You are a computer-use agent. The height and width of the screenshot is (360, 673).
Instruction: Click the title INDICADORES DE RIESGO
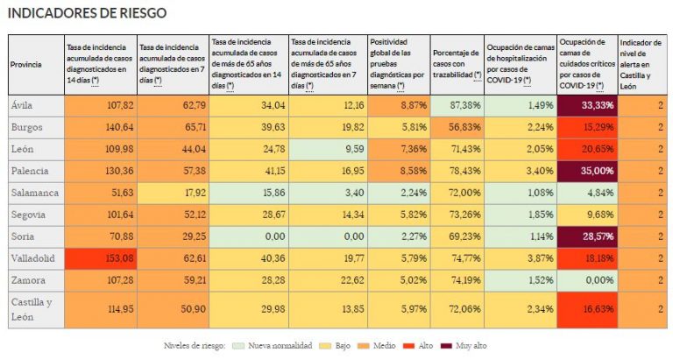pyautogui.click(x=87, y=13)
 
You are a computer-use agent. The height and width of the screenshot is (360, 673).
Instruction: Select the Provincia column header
pyautogui.click(x=26, y=64)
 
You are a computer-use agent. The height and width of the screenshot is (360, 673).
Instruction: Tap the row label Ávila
pyautogui.click(x=22, y=105)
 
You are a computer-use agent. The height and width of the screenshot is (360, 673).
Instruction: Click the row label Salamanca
pyautogui.click(x=35, y=193)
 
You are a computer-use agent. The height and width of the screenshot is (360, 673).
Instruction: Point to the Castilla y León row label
pyautogui.click(x=32, y=309)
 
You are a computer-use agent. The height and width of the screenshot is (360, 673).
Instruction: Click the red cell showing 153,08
pyautogui.click(x=101, y=258)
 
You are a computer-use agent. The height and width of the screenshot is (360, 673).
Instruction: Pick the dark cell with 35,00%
pyautogui.click(x=588, y=171)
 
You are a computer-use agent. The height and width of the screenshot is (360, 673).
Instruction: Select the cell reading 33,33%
pyautogui.click(x=588, y=105)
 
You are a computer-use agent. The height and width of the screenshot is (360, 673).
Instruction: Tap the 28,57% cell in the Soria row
pyautogui.click(x=588, y=236)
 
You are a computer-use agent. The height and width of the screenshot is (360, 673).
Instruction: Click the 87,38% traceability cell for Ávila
pyautogui.click(x=457, y=105)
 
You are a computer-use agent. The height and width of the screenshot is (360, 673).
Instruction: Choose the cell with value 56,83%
pyautogui.click(x=457, y=127)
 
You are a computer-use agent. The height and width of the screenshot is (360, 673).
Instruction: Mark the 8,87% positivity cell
pyautogui.click(x=399, y=105)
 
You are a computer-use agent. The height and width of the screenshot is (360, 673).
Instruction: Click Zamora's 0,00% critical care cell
pyautogui.click(x=588, y=280)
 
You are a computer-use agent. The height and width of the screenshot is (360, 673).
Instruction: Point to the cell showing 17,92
pyautogui.click(x=173, y=193)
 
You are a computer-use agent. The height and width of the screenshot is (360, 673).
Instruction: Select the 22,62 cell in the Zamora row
pyautogui.click(x=328, y=280)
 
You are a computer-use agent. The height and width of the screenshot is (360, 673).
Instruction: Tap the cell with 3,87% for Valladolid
pyautogui.click(x=521, y=258)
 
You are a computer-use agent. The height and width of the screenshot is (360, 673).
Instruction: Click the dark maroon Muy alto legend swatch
pyautogui.click(x=446, y=345)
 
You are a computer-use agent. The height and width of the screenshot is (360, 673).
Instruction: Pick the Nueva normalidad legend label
pyautogui.click(x=280, y=345)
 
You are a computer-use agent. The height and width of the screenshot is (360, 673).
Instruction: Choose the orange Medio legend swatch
pyautogui.click(x=364, y=345)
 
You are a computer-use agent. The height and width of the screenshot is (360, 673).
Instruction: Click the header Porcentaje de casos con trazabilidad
pyautogui.click(x=457, y=64)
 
